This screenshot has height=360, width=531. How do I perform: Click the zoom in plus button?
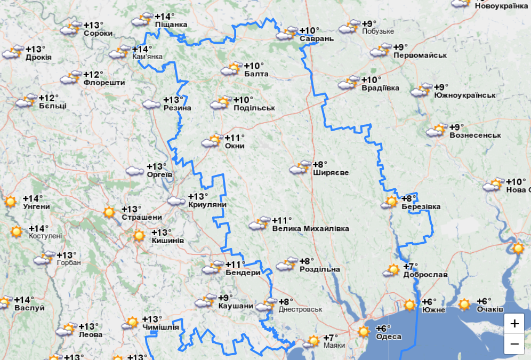tap(514, 323)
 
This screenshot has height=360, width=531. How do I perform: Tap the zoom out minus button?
tap(514, 345)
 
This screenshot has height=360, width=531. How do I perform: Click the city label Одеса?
tap(389, 337)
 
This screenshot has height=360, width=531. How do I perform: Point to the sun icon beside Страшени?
tap(109, 212)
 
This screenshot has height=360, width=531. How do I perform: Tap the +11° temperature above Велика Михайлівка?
tap(282, 220)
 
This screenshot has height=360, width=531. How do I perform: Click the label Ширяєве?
tap(331, 173)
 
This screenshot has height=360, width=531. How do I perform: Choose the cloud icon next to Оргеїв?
tap(135, 171)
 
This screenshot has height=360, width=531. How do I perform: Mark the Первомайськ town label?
tap(420, 55)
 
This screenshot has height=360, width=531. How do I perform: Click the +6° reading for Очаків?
tap(484, 301)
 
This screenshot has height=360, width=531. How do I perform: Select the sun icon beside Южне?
tap(409, 305)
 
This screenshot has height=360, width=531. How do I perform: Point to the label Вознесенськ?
tap(475, 135)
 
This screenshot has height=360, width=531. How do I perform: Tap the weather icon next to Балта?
tap(230, 69)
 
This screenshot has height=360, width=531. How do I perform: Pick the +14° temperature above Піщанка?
tap(165, 17)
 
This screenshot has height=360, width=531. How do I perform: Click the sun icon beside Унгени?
tap(10, 202)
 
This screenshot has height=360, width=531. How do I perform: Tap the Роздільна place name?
tap(319, 269)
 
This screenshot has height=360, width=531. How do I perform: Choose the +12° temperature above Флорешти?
tap(93, 75)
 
